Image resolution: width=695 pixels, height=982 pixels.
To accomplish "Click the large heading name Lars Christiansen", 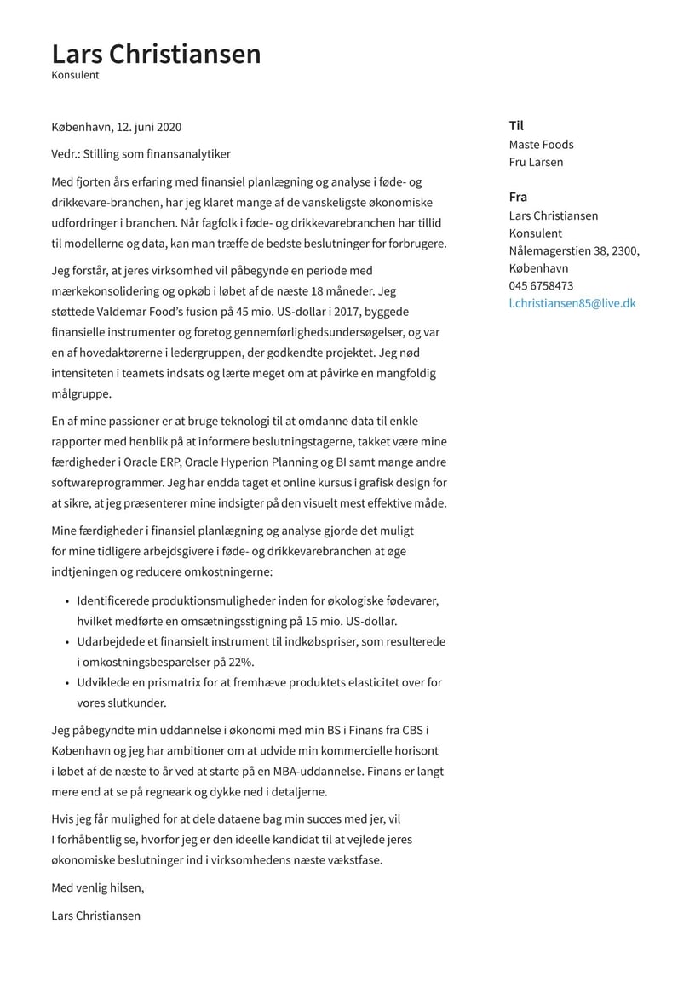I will [156, 54].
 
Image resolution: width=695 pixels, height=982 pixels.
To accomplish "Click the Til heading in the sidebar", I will [516, 125].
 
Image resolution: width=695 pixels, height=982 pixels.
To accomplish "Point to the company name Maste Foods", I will [541, 145].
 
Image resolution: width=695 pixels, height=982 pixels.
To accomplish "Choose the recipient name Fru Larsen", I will [536, 162].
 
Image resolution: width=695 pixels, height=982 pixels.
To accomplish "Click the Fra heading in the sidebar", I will [518, 197].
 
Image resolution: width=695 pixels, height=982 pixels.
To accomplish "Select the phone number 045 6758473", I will [541, 285].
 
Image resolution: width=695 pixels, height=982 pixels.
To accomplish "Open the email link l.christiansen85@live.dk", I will [572, 303].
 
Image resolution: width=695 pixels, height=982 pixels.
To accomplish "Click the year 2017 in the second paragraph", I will [327, 312].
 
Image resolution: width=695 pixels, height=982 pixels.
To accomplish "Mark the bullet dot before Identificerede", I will [66, 601].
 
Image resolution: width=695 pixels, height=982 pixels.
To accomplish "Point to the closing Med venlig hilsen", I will [98, 887].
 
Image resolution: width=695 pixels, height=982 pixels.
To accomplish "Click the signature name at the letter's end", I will [95, 916].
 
